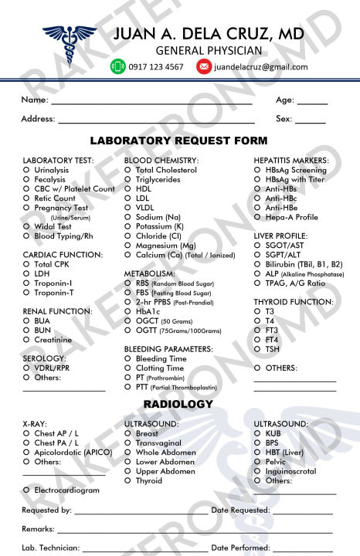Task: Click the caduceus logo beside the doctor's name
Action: click(69, 40)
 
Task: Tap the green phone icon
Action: click(117, 66)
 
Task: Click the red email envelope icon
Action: click(204, 66)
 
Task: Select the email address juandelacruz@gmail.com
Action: click(260, 67)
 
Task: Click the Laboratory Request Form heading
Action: click(178, 141)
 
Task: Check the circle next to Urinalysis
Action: click(27, 170)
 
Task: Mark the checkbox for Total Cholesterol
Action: click(128, 170)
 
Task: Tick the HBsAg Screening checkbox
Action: click(258, 170)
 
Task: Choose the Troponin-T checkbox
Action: click(27, 293)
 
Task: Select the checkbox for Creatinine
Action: click(27, 340)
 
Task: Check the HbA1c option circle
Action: click(128, 312)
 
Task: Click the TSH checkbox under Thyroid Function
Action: click(258, 349)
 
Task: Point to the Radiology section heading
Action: click(178, 405)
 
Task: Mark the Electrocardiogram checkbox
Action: click(27, 490)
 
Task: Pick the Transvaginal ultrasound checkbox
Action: click(128, 443)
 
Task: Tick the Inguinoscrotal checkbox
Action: click(258, 471)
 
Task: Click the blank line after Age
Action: click(312, 103)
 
